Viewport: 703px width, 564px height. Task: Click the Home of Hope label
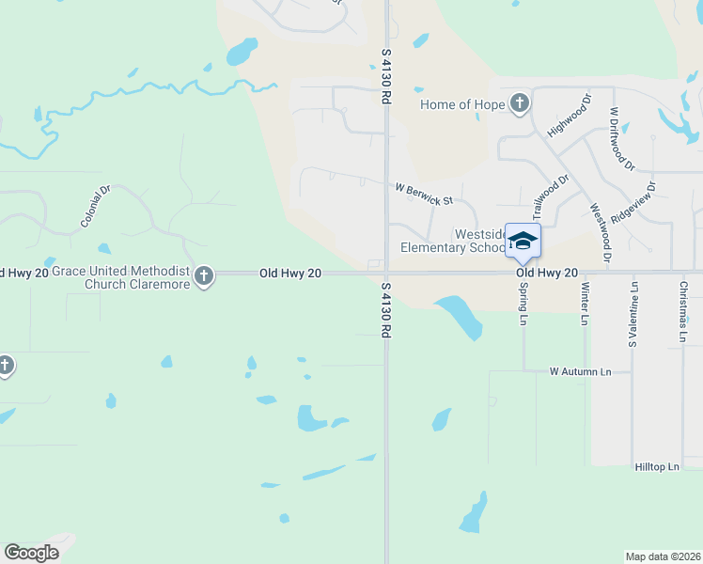point(461,104)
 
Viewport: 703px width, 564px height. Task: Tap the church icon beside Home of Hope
point(520,104)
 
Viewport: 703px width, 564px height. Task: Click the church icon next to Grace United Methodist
point(204,276)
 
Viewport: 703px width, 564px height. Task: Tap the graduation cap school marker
point(523,241)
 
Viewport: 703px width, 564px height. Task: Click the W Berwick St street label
point(424,194)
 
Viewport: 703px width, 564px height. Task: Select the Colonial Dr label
point(96,206)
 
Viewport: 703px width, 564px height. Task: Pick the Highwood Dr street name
point(569,114)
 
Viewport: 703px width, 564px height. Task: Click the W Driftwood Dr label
point(621,139)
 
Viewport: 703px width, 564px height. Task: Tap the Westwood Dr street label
point(600,232)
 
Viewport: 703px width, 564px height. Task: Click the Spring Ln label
point(523,304)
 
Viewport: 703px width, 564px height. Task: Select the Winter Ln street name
point(585,305)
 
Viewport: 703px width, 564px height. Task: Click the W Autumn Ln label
point(580,372)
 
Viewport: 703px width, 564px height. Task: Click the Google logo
point(32,553)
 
